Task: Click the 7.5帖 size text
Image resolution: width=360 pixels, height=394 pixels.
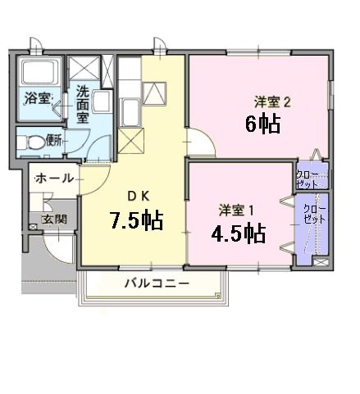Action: pyautogui.click(x=137, y=220)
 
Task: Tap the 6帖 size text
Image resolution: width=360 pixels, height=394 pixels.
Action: pyautogui.click(x=264, y=125)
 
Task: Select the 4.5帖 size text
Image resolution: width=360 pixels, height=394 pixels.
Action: pyautogui.click(x=238, y=233)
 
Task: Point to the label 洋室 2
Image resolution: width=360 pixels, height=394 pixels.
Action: pyautogui.click(x=272, y=102)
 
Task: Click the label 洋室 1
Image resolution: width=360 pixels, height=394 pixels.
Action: pyautogui.click(x=236, y=208)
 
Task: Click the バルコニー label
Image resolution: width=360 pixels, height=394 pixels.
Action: pyautogui.click(x=157, y=283)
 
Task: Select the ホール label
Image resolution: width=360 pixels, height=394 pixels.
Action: pyautogui.click(x=53, y=178)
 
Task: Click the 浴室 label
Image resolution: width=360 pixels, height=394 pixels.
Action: pyautogui.click(x=38, y=100)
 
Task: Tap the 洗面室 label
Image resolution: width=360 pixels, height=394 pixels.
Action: pyautogui.click(x=84, y=104)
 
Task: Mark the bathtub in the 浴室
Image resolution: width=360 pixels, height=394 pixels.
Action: pyautogui.click(x=37, y=78)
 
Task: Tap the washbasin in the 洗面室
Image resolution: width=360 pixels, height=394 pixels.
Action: pyautogui.click(x=103, y=100)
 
